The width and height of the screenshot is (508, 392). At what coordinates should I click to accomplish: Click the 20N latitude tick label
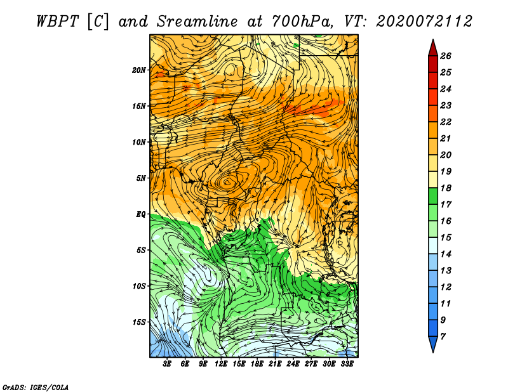pyautogui.click(x=139, y=70)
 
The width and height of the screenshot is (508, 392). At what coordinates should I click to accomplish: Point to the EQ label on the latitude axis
pyautogui.click(x=141, y=214)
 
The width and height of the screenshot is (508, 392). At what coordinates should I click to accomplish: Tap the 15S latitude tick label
pyautogui.click(x=139, y=322)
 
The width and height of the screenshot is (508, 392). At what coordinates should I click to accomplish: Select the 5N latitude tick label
pyautogui.click(x=141, y=178)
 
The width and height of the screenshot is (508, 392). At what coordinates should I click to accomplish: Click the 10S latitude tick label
pyautogui.click(x=139, y=286)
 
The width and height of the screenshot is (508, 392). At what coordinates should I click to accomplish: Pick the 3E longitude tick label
pyautogui.click(x=167, y=363)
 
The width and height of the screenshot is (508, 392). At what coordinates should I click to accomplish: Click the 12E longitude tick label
pyautogui.click(x=220, y=363)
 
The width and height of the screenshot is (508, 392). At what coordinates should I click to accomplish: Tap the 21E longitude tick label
pyautogui.click(x=275, y=363)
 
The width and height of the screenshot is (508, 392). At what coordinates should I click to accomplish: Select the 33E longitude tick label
pyautogui.click(x=347, y=363)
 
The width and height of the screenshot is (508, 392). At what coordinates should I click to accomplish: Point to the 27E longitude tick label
pyautogui.click(x=311, y=363)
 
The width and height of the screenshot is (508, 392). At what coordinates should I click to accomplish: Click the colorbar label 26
pyautogui.click(x=446, y=56)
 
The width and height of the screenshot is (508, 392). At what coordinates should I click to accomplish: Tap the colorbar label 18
pyautogui.click(x=446, y=188)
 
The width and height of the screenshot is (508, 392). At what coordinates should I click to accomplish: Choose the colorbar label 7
pyautogui.click(x=443, y=337)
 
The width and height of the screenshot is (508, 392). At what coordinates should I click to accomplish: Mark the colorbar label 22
pyautogui.click(x=446, y=122)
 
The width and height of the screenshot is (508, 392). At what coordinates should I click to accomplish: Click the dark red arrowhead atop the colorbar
pyautogui.click(x=433, y=48)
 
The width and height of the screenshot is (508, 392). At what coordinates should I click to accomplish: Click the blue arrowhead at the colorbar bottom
pyautogui.click(x=433, y=344)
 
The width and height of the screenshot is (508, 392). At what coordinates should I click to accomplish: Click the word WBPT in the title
pyautogui.click(x=57, y=22)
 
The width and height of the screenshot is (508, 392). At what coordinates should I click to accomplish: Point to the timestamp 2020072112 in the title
pyautogui.click(x=424, y=22)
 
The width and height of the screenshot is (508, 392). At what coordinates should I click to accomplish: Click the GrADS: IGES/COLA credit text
pyautogui.click(x=36, y=388)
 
